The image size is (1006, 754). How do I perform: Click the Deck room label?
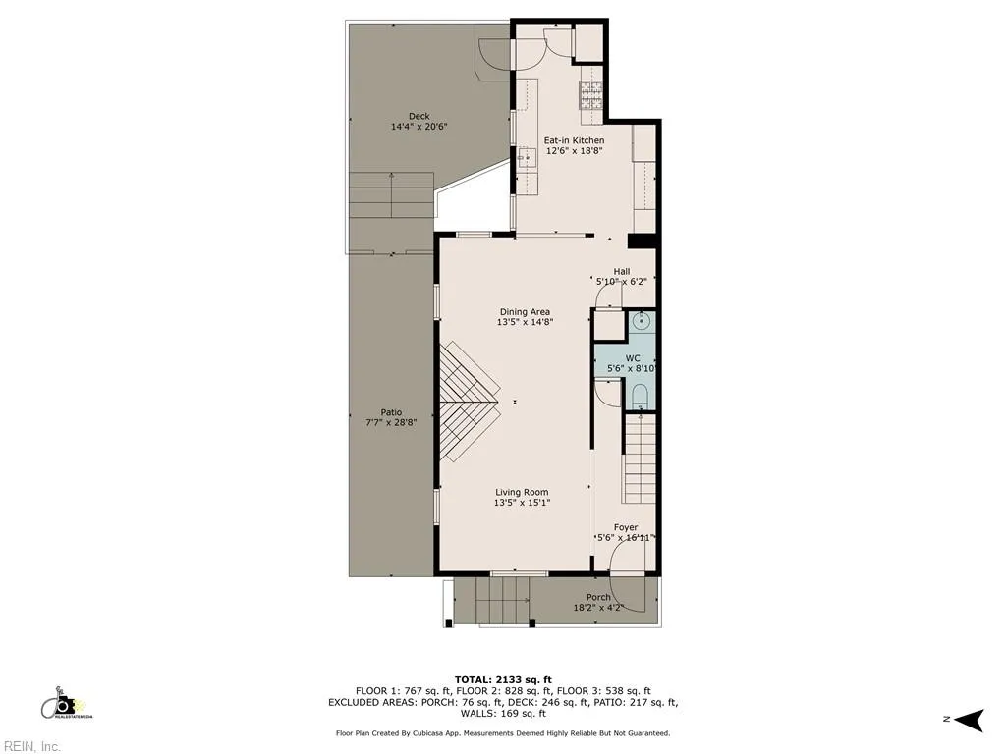tap(419, 116)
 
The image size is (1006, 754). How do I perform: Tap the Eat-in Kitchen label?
tap(574, 140)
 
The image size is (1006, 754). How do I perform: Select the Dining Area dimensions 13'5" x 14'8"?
tap(525, 322)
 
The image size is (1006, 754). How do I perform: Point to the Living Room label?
tap(522, 492)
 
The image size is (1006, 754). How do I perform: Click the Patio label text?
tap(391, 412)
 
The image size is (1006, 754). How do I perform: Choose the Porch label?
tap(597, 597)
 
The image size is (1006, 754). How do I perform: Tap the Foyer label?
tap(625, 527)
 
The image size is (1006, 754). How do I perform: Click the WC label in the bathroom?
tap(633, 358)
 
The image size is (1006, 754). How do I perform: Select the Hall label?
tap(622, 271)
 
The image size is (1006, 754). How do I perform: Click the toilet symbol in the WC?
tap(640, 396)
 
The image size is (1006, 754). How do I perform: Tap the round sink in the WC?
tap(642, 320)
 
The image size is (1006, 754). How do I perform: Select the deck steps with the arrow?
tap(392, 194)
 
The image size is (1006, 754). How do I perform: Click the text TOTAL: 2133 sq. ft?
tap(502, 679)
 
